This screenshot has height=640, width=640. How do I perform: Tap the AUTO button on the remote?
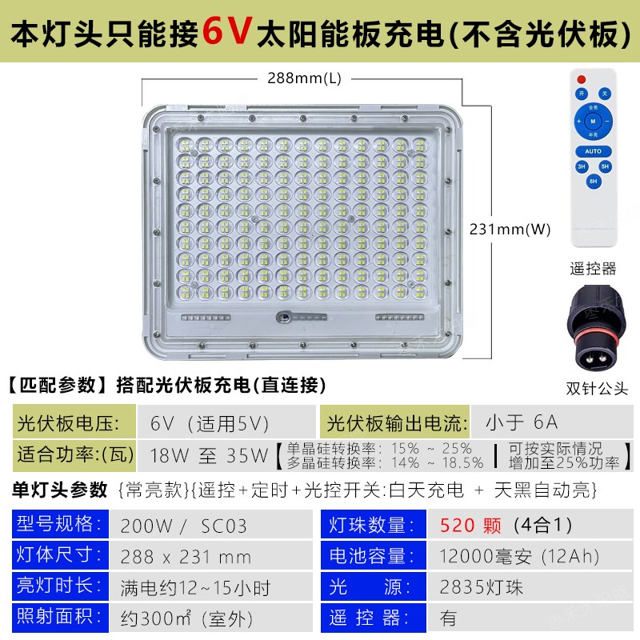[x=593, y=150]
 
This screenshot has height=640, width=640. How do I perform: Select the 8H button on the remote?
[x=593, y=182]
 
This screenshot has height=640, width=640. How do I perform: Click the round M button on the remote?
[x=593, y=122]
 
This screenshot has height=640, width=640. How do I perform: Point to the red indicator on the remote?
[x=582, y=78]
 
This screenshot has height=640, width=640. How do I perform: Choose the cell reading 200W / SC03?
[x=184, y=526]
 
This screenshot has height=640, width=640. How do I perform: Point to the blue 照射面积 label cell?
[x=60, y=618]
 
